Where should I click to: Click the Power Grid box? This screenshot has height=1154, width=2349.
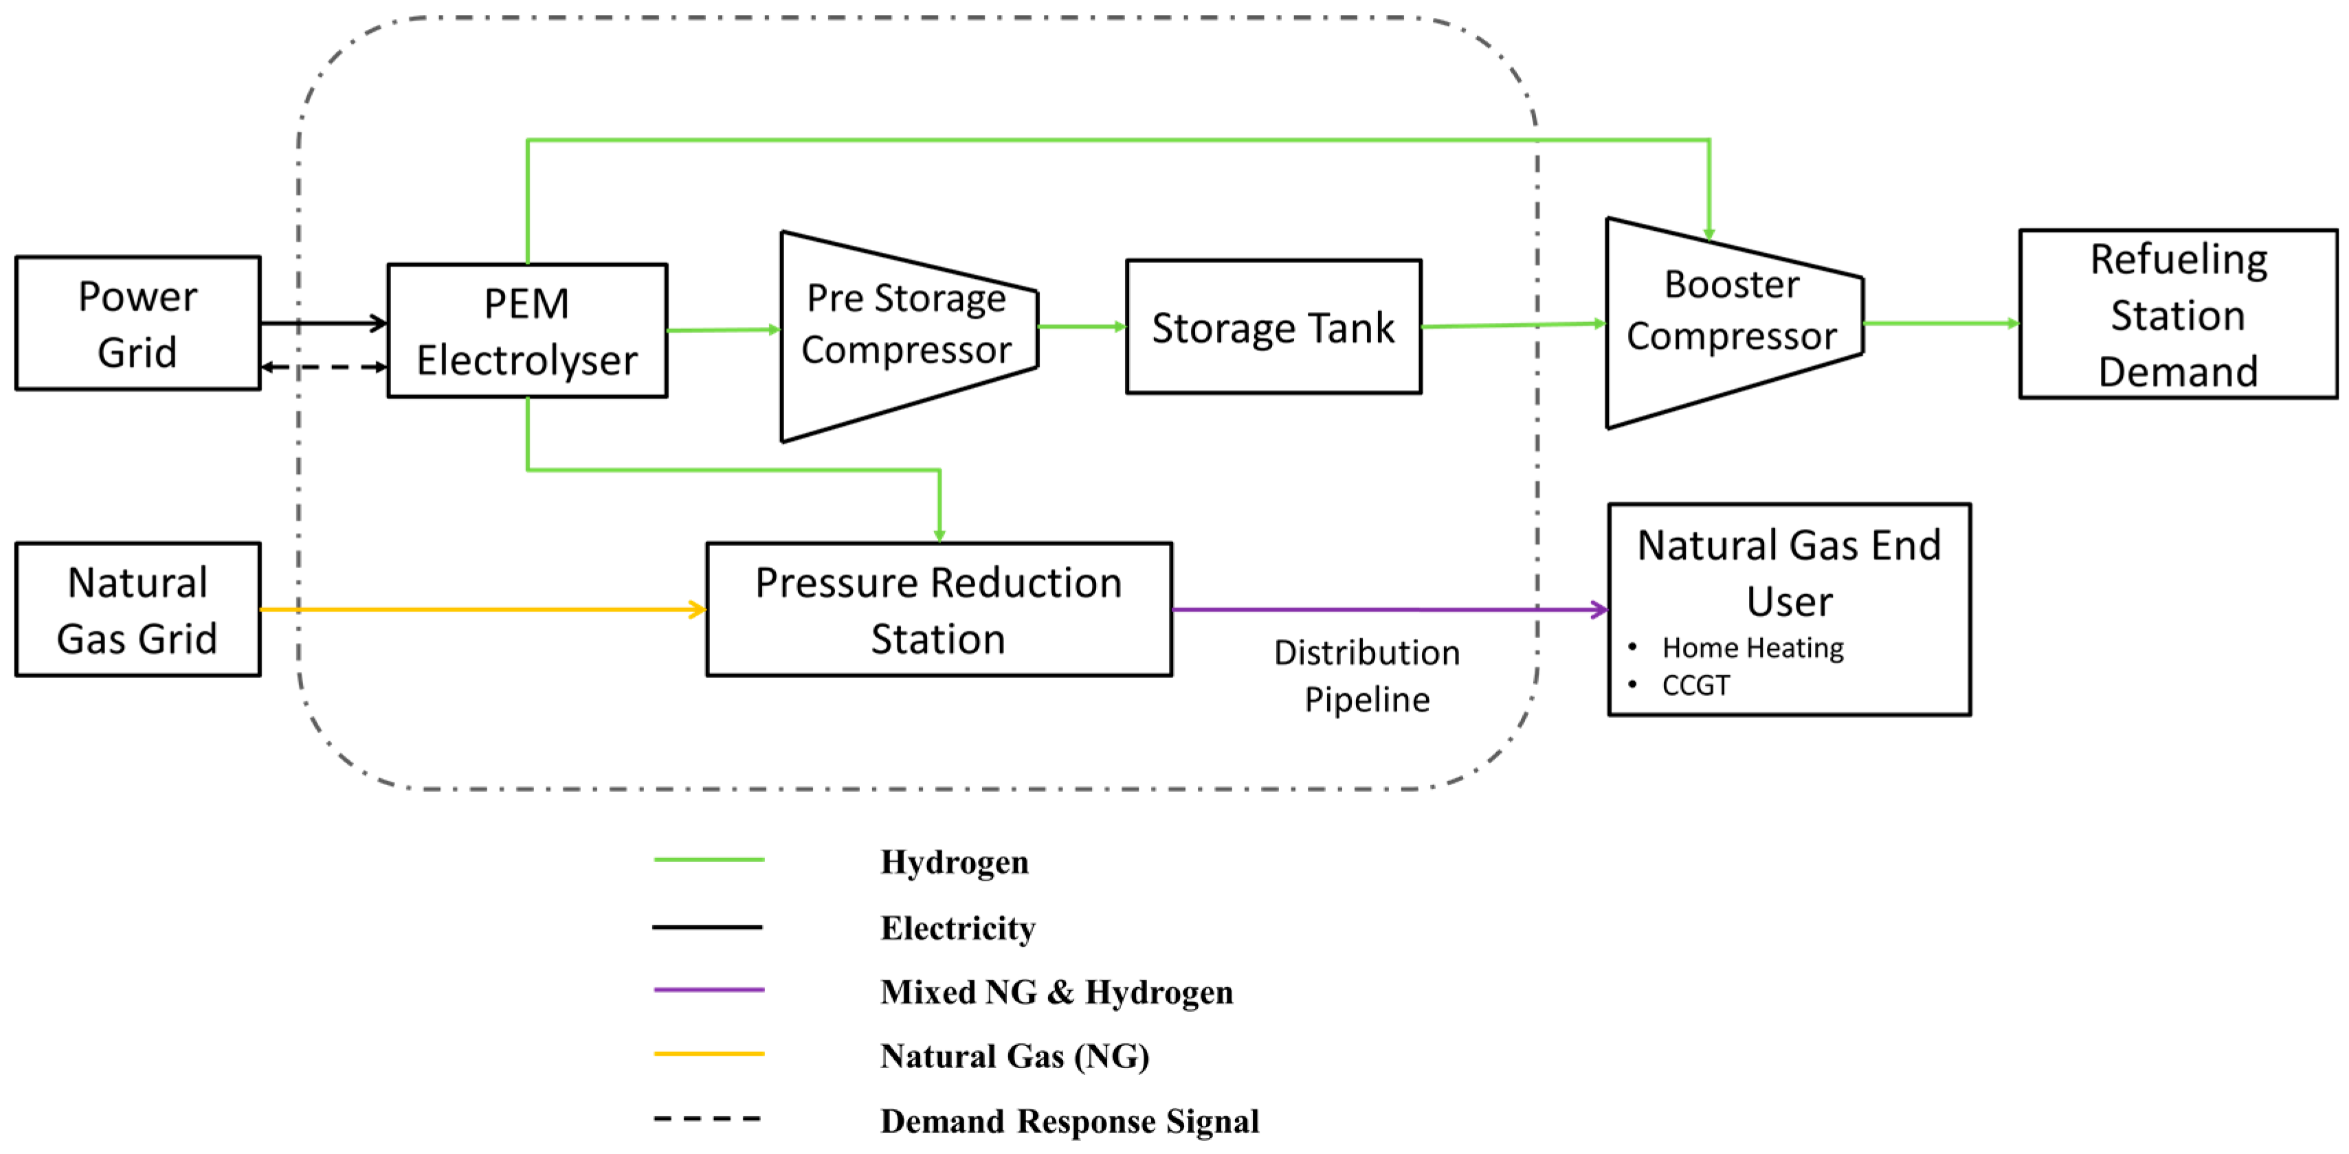[137, 324]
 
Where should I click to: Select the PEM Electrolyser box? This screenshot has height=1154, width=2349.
[527, 331]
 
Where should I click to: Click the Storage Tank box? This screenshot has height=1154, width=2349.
[1273, 327]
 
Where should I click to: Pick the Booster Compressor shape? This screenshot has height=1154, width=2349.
[1732, 323]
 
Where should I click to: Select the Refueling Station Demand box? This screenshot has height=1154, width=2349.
[2178, 315]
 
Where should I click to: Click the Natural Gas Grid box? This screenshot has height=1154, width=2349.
[137, 610]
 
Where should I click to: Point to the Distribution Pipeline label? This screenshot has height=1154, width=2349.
[1366, 675]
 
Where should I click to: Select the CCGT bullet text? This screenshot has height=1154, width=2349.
[1695, 685]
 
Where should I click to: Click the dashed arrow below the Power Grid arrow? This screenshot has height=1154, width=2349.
[324, 367]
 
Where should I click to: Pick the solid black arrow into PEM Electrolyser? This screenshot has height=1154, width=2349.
[324, 323]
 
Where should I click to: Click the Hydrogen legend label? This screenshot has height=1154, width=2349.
[954, 861]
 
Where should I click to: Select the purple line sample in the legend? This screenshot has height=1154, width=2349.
[709, 989]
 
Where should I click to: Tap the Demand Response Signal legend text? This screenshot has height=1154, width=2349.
[1069, 1120]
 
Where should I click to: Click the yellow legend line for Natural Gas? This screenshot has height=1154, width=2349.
[709, 1053]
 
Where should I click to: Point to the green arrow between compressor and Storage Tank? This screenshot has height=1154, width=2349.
[1082, 326]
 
